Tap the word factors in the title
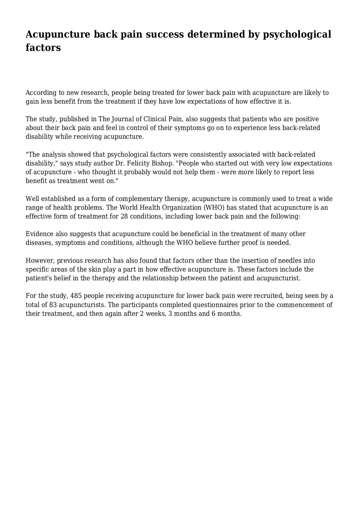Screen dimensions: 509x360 click(x=43, y=47)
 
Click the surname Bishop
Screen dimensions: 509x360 click(x=162, y=163)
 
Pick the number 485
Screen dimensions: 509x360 click(x=76, y=296)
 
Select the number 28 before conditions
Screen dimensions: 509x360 click(x=124, y=216)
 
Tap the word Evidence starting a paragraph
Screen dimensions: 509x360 click(x=40, y=234)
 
